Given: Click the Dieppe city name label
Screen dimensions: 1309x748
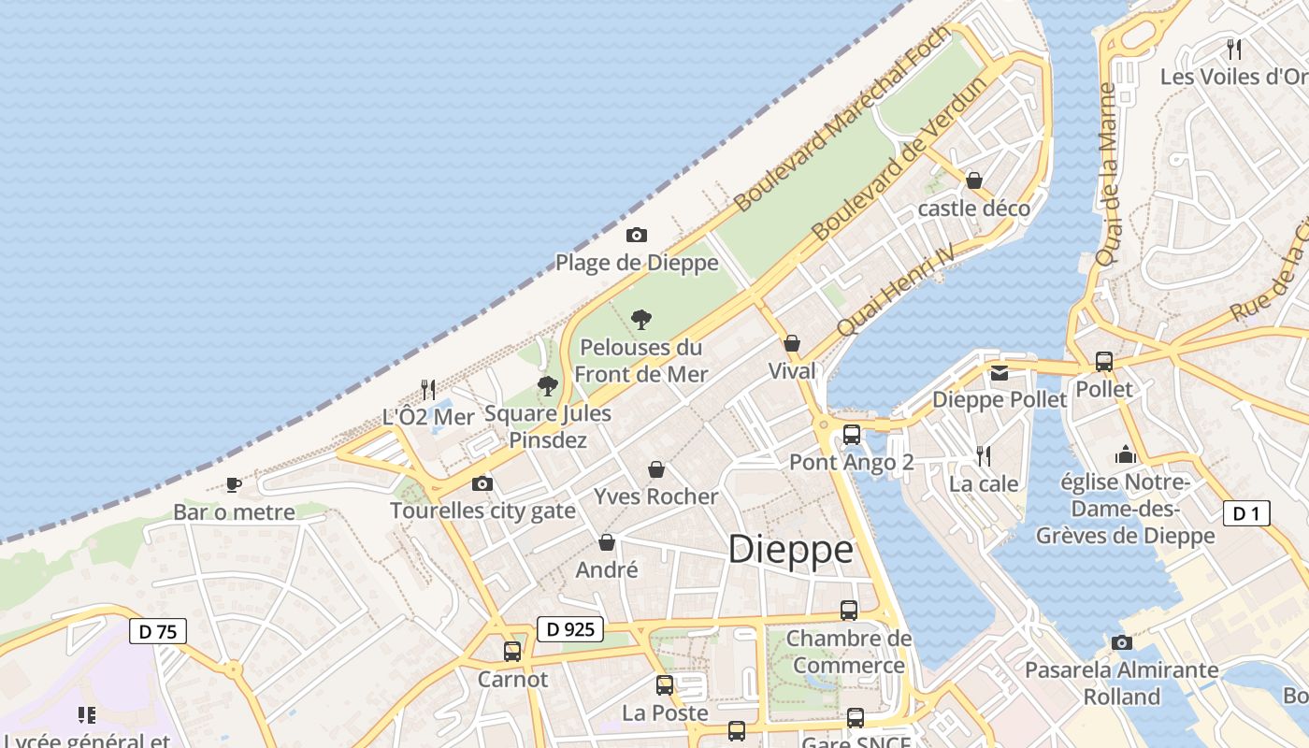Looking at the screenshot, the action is click(790, 550).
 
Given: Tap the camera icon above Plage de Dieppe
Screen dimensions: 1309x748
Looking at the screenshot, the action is click(637, 235).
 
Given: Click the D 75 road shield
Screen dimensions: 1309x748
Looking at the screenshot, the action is click(158, 631).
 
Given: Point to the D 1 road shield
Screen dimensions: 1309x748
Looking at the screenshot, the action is click(1246, 512).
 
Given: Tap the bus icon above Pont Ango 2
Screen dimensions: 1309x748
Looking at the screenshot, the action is click(851, 434).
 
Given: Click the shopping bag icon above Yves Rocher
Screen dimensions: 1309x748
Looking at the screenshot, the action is click(656, 468).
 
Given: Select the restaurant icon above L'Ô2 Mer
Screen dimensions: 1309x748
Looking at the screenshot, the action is click(428, 388).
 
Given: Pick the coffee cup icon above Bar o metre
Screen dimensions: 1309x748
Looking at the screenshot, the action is click(234, 484).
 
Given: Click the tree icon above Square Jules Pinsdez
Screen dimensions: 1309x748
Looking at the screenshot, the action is click(548, 385).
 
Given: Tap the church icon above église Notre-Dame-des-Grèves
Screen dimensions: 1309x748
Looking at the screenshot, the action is click(1126, 455).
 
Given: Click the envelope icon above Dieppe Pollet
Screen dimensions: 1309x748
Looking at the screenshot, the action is click(1000, 372).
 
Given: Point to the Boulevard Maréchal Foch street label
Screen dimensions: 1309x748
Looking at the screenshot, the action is click(841, 118).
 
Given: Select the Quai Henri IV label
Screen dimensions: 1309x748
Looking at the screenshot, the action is click(895, 290).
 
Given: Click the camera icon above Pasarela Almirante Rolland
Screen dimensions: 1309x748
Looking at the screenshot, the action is click(1121, 642).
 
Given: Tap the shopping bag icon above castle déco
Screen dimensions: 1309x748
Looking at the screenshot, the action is click(974, 180).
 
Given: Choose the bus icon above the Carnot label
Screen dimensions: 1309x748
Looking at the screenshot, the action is click(512, 651).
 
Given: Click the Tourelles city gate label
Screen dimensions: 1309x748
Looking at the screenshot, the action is click(482, 511).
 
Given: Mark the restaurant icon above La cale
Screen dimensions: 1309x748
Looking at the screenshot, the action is click(984, 455).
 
